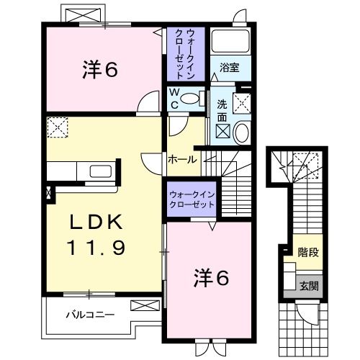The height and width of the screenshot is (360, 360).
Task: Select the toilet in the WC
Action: click(190, 99)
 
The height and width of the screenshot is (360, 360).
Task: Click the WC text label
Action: click(174, 98)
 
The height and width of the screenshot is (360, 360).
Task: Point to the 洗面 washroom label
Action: click(222, 109)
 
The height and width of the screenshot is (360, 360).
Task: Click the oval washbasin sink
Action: click(240, 132)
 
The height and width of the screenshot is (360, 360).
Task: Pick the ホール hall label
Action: click(181, 159)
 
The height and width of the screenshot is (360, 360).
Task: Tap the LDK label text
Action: click(96, 220)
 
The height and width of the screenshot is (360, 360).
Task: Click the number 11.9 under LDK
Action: click(96, 249)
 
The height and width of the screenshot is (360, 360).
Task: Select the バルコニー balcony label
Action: click(90, 315)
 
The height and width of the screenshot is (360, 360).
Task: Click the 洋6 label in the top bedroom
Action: click(99, 70)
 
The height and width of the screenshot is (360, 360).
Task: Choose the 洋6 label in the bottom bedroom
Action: click(212, 276)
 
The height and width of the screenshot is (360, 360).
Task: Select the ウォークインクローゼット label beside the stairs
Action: click(192, 199)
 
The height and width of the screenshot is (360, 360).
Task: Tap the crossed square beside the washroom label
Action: click(243, 102)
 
